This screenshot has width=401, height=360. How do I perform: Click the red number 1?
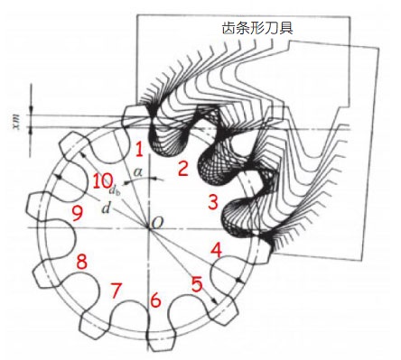tap(139, 150)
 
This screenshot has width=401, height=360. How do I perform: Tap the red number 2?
tap(183, 169)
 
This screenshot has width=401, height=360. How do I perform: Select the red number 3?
tap(213, 202)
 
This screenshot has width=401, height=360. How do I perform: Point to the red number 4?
tap(217, 250)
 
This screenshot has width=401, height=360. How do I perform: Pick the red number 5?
tap(197, 284)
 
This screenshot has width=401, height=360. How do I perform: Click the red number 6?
tap(155, 300)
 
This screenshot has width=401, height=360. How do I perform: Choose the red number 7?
tap(116, 291)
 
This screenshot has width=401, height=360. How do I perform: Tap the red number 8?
tap(81, 262)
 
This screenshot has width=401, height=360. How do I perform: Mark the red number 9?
tap(78, 214)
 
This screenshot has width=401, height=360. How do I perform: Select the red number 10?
tap(102, 181)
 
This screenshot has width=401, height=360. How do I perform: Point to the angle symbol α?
tap(138, 172)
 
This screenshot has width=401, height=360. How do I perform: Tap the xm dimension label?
tap(17, 123)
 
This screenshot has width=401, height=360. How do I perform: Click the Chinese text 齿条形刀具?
tap(257, 28)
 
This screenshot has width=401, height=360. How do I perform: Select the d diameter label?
tap(106, 208)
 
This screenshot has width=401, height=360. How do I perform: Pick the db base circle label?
tap(115, 190)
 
